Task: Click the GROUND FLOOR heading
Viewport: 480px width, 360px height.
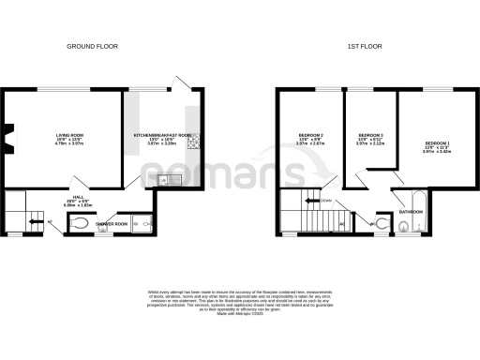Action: click(x=92, y=46)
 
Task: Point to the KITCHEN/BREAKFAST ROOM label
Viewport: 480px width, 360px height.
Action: click(x=163, y=135)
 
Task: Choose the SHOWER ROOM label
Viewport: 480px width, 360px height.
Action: click(x=110, y=223)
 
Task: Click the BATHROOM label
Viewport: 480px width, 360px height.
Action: click(x=411, y=211)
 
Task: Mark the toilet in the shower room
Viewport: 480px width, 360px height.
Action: click(x=82, y=223)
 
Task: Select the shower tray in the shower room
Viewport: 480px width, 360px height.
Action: click(x=142, y=223)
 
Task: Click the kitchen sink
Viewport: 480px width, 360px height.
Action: click(x=165, y=179)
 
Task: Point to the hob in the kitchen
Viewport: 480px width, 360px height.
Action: click(x=192, y=142)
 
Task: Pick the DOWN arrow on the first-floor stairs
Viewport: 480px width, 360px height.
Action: click(x=322, y=199)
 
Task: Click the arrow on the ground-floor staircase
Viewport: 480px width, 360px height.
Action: click(x=34, y=222)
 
